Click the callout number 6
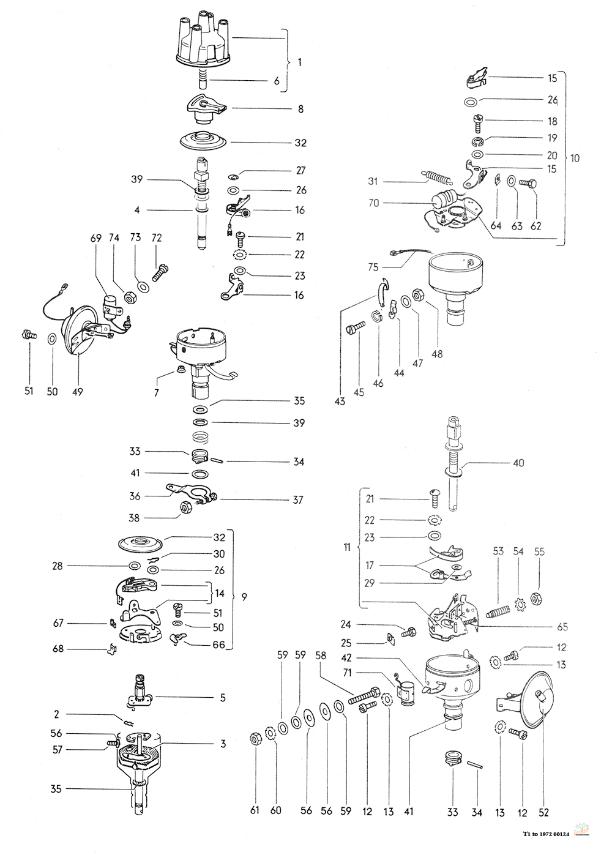point(277,81)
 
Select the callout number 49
point(78,392)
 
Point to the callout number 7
point(157,392)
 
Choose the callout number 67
point(59,623)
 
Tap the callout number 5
point(222,697)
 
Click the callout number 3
point(223,744)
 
